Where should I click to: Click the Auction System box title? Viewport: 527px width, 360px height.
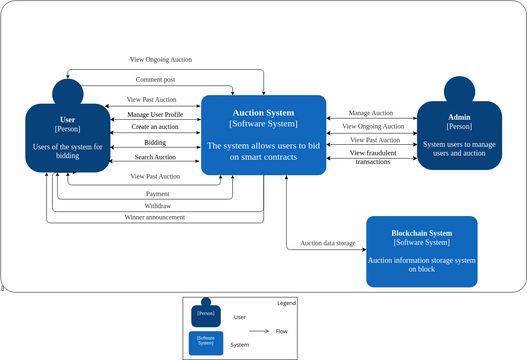(263, 113)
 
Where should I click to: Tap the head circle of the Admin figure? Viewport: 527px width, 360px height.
(458, 90)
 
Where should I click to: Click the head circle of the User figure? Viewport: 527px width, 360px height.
(67, 93)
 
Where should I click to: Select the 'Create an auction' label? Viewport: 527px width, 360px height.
(155, 128)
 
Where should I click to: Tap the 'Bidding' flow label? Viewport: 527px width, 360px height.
(155, 143)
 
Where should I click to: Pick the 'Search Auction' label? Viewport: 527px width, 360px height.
(155, 157)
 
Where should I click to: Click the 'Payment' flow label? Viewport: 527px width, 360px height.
(157, 193)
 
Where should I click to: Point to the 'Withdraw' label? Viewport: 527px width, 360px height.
(157, 205)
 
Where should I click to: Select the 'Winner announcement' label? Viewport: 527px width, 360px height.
(155, 216)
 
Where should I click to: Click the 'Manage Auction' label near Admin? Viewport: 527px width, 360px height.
(370, 113)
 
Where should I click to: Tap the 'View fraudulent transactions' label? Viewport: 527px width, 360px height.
(372, 157)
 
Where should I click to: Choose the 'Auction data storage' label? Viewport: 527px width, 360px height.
(327, 243)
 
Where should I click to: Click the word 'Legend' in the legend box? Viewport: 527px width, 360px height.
(286, 303)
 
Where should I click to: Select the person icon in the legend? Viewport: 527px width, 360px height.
(206, 311)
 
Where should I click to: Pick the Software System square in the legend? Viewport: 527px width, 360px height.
(206, 344)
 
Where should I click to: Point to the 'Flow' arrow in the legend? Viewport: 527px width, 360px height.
(259, 330)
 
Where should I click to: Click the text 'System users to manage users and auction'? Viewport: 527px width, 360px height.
(459, 150)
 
